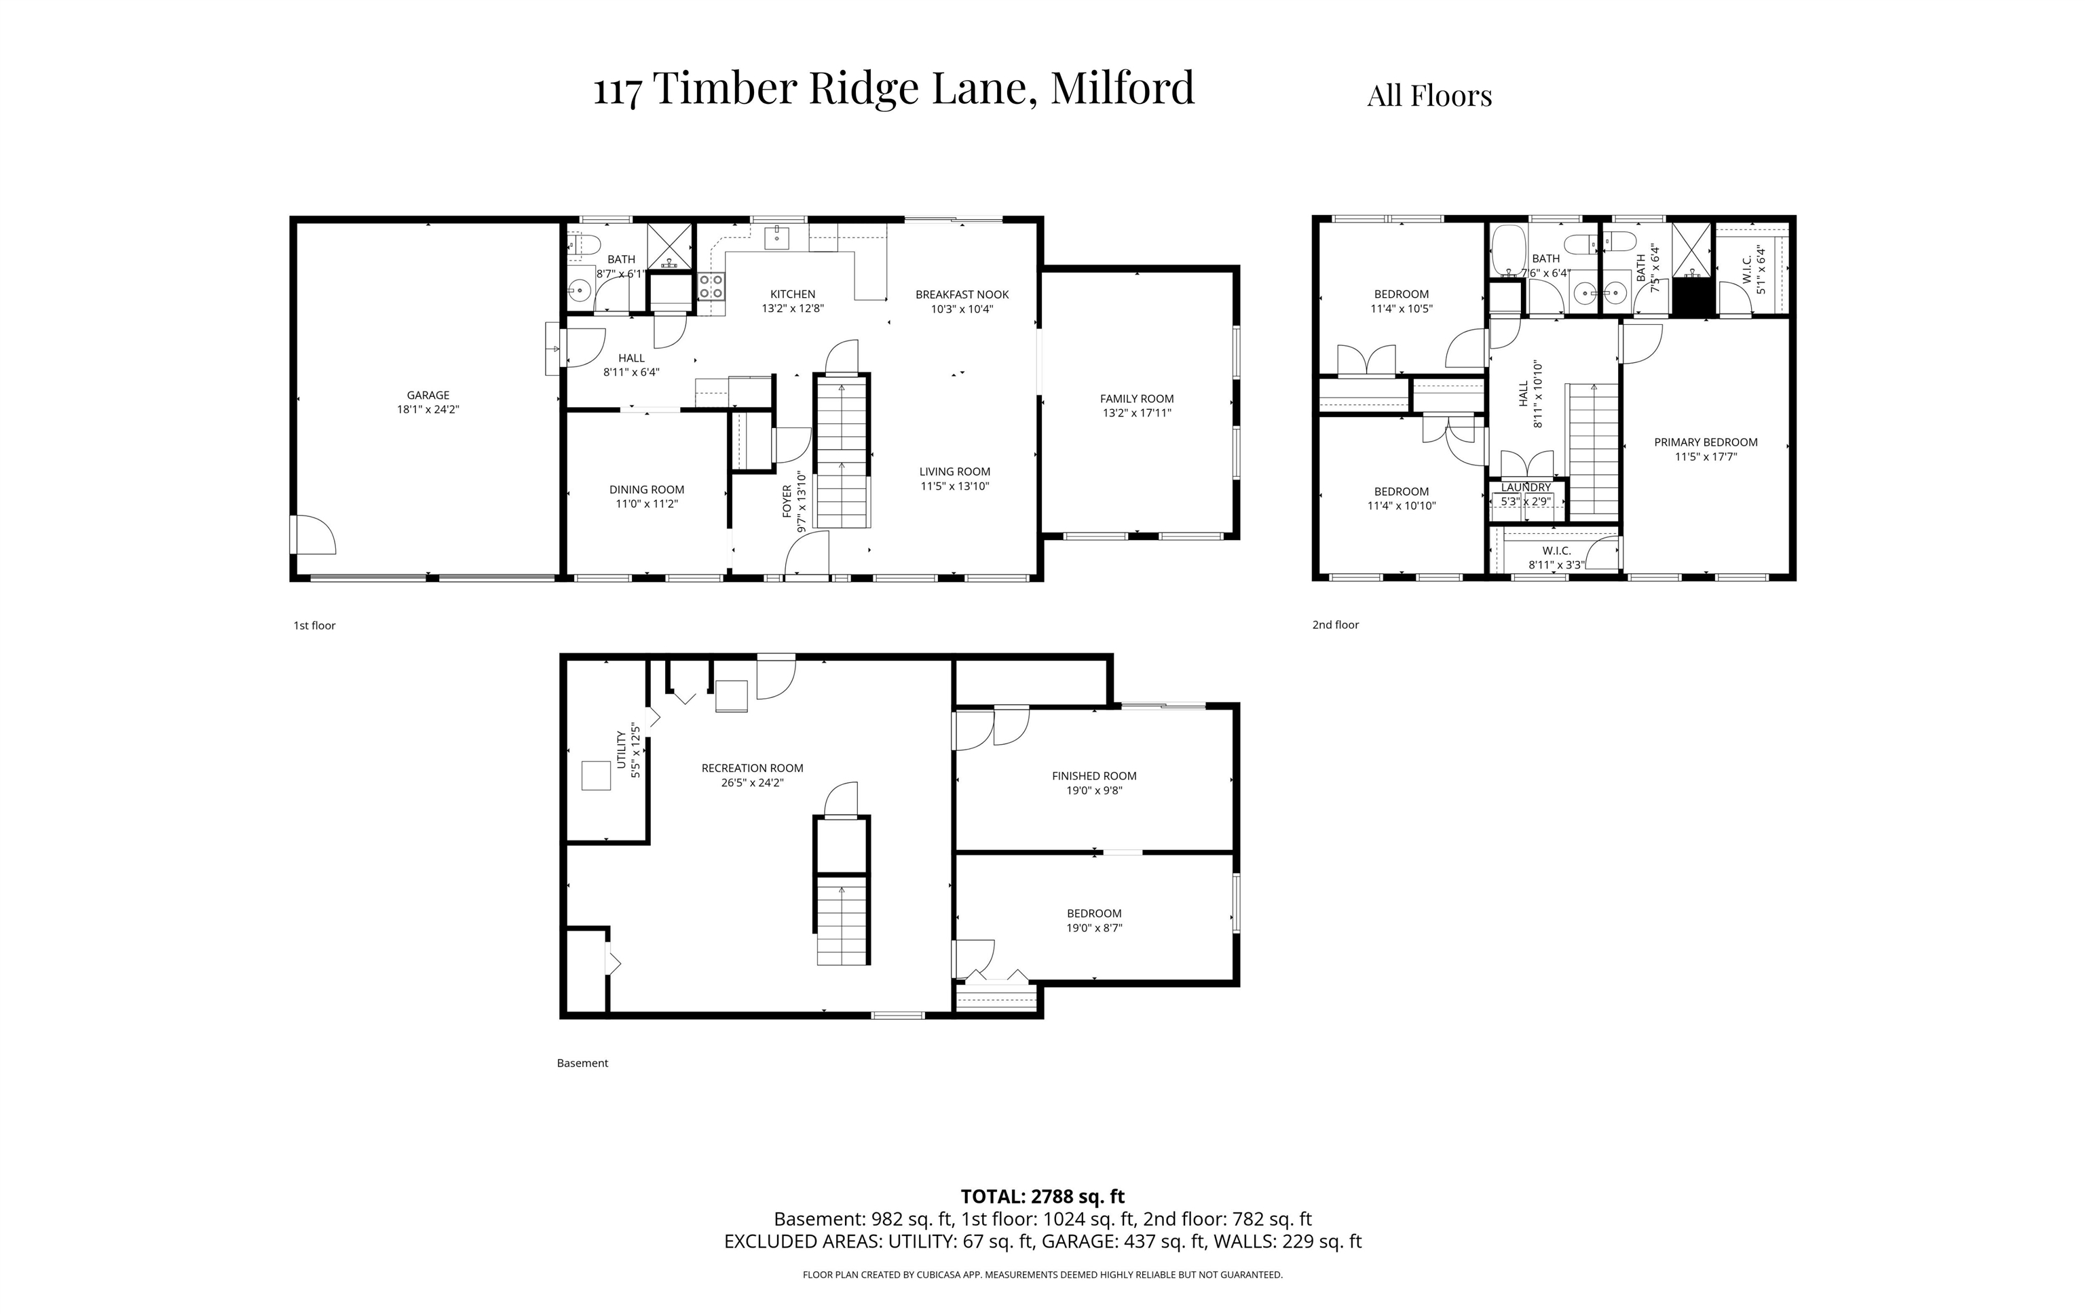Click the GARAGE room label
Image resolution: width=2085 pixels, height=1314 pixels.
(428, 395)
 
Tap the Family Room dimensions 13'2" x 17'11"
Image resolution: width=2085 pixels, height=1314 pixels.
(1136, 413)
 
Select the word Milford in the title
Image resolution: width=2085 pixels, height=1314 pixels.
(1122, 89)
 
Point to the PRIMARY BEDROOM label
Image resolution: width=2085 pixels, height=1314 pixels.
(1705, 442)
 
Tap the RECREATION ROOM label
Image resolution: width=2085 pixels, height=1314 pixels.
(751, 768)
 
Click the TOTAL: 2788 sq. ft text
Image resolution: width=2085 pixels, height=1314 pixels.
(1042, 1196)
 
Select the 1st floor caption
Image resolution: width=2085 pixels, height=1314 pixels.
(314, 625)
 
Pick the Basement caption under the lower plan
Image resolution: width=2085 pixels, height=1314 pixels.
(582, 1063)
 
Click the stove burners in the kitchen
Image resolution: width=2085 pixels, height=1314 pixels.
(711, 286)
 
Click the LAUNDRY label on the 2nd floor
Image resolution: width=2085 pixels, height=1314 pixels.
(1526, 487)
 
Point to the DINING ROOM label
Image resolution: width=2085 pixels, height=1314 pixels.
(646, 489)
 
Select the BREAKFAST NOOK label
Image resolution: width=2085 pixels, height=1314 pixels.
(961, 294)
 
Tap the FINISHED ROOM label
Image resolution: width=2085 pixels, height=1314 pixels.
(1093, 775)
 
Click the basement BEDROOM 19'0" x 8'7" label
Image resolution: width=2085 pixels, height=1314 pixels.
(1093, 920)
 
